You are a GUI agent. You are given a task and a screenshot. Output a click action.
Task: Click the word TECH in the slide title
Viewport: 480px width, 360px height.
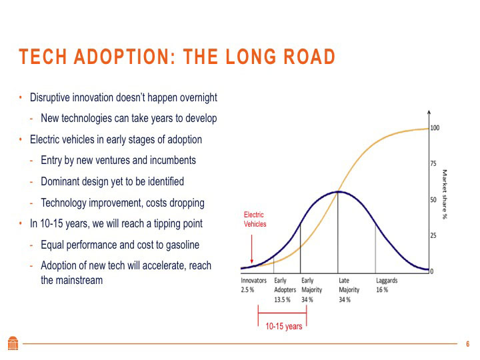point(41,57)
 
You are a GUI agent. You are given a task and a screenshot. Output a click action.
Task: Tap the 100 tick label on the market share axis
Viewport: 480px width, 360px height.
point(435,127)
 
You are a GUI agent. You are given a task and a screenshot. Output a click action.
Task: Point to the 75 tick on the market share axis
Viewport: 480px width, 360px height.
point(433,163)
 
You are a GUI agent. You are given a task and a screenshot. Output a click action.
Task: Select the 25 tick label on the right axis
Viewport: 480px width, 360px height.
point(433,235)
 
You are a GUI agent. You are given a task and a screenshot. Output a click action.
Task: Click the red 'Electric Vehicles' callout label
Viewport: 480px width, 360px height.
point(254,219)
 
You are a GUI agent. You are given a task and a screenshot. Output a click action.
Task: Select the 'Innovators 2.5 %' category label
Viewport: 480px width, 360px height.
point(253,285)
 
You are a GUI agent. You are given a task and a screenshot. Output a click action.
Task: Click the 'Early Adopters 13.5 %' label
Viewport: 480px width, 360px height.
point(285,290)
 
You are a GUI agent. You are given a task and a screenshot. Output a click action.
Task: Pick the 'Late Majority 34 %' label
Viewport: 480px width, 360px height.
point(349,290)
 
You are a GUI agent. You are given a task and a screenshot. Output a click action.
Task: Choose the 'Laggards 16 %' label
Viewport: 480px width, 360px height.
point(387,285)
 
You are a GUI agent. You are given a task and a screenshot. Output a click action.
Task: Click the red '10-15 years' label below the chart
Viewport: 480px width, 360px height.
point(284,327)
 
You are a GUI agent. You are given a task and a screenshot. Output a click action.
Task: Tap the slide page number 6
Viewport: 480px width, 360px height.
point(467,344)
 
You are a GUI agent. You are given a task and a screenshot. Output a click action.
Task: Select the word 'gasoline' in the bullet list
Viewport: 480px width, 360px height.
point(179,245)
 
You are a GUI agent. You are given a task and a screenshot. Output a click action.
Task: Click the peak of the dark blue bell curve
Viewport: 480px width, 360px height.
point(339,192)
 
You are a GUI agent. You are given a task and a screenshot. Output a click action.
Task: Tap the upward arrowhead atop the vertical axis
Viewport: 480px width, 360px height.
point(429,113)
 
